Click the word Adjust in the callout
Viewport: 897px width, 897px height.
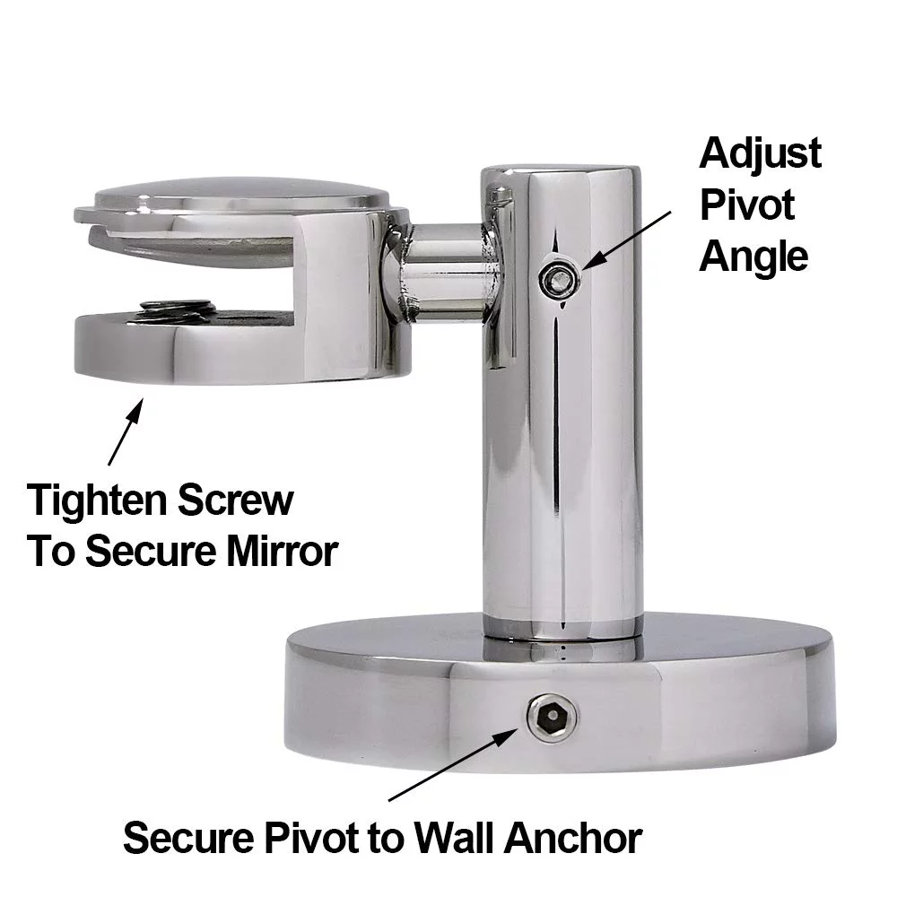click(759, 153)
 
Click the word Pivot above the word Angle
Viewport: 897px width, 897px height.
click(746, 205)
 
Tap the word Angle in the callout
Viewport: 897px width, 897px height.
click(753, 257)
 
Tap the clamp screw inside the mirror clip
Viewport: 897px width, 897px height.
click(177, 309)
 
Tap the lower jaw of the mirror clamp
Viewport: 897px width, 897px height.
click(224, 350)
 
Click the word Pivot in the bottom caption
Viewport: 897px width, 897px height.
click(305, 839)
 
